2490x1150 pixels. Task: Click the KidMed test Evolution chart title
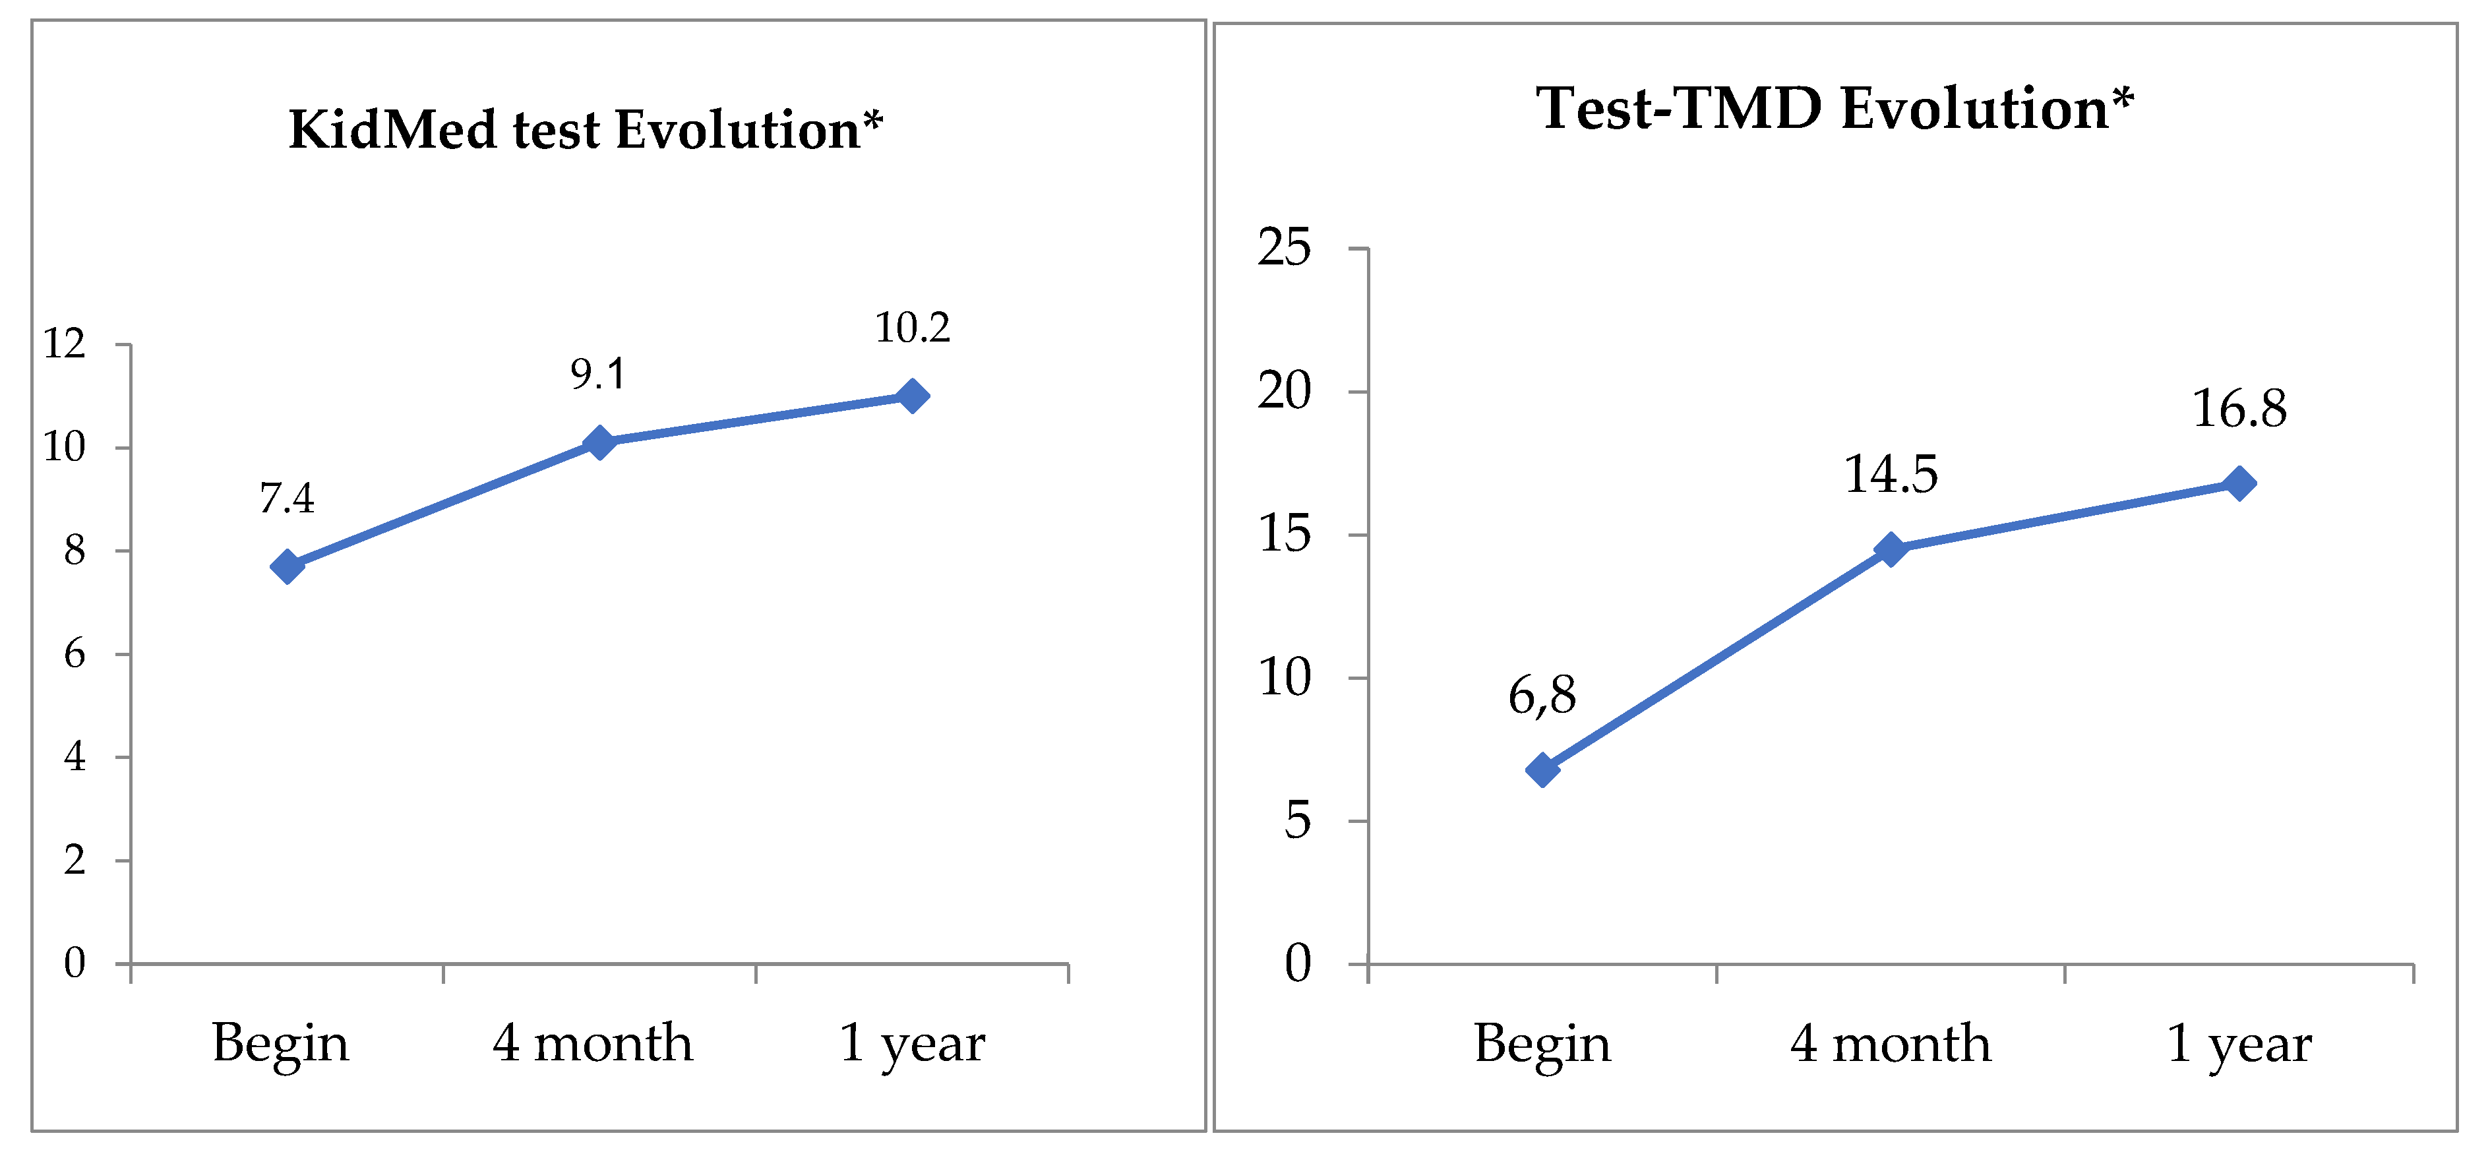coord(586,129)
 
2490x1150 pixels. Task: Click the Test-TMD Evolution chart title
coord(1835,107)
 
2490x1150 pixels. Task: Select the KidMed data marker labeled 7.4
coord(287,566)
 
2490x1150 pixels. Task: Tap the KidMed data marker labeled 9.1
coord(599,442)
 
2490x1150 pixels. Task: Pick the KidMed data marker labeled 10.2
coord(911,395)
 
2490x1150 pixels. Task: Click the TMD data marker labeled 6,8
coord(1542,770)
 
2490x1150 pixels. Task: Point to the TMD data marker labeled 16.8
coord(2239,483)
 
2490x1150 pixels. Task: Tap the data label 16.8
coord(2239,409)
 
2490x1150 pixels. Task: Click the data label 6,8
coord(1542,696)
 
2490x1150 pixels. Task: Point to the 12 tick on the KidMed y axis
coord(65,344)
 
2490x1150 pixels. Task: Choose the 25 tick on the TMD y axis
coord(1284,249)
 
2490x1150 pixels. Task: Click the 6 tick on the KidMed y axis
coord(75,654)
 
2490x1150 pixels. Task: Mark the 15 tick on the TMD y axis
coord(1284,534)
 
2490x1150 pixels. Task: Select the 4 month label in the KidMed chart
coord(593,1044)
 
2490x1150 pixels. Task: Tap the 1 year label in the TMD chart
coord(2239,1044)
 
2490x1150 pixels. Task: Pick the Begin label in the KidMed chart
coord(280,1044)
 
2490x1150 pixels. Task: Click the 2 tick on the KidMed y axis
coord(75,860)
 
